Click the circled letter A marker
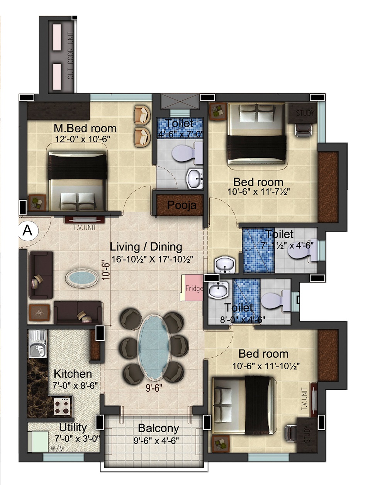pos(28,231)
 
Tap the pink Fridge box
pos(192,288)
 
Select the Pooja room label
pos(182,205)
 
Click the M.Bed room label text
pos(85,128)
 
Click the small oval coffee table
pos(81,278)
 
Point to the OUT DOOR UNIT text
pos(71,56)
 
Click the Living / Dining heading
pos(146,247)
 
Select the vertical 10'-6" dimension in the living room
pos(106,272)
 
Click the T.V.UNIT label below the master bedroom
pos(85,227)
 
